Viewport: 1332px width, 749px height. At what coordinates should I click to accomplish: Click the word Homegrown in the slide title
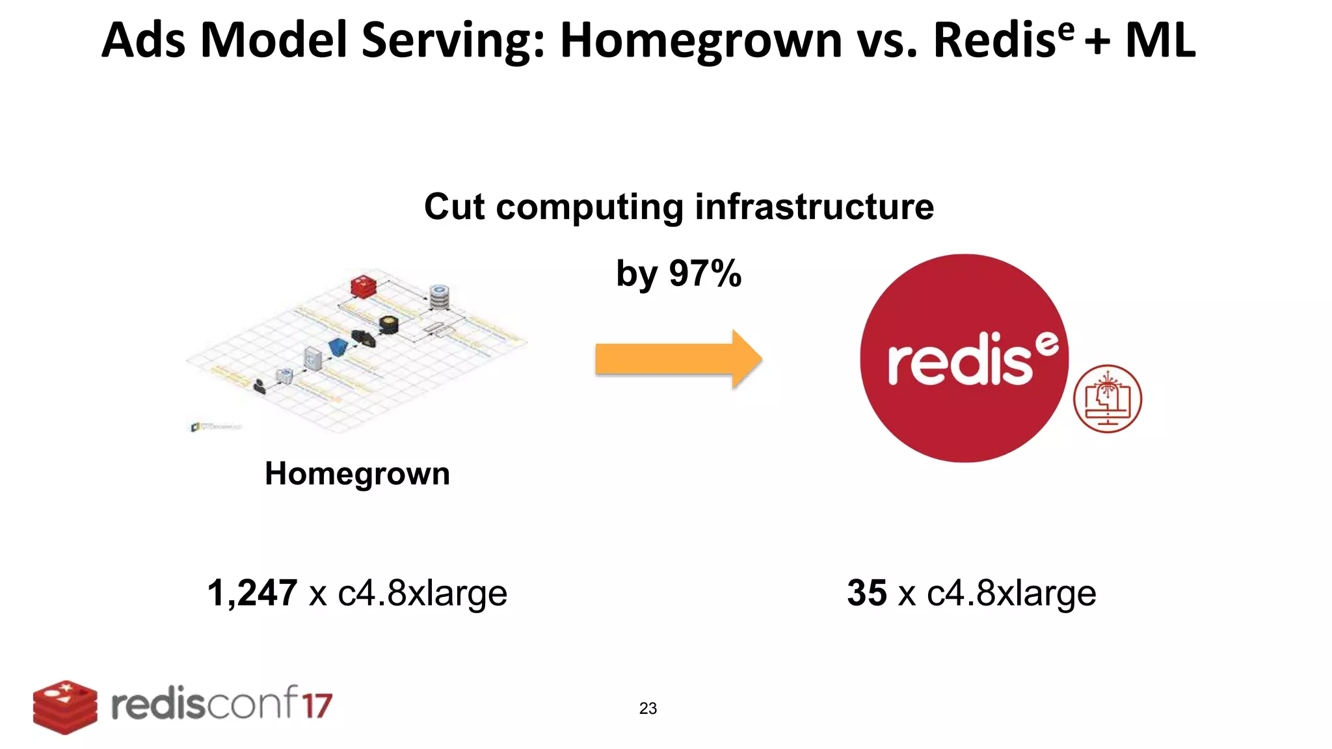701,40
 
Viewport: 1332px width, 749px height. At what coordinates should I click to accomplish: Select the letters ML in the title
1160,40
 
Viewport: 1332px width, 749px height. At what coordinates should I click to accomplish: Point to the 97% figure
705,273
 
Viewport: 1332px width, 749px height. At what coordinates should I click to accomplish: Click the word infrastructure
814,207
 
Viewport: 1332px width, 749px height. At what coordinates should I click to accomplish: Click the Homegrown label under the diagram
357,473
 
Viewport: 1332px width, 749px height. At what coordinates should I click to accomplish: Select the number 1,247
252,593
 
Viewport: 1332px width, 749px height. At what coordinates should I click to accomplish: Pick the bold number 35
866,593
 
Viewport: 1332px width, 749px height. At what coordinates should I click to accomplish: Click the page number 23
648,708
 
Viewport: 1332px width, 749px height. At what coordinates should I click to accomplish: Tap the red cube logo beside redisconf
65,707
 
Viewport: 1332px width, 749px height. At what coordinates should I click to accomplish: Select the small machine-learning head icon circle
1107,399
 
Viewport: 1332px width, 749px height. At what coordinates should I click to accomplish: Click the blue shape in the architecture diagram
338,347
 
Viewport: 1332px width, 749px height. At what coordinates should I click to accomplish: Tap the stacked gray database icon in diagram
440,297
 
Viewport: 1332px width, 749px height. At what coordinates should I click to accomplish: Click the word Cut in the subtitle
454,207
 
